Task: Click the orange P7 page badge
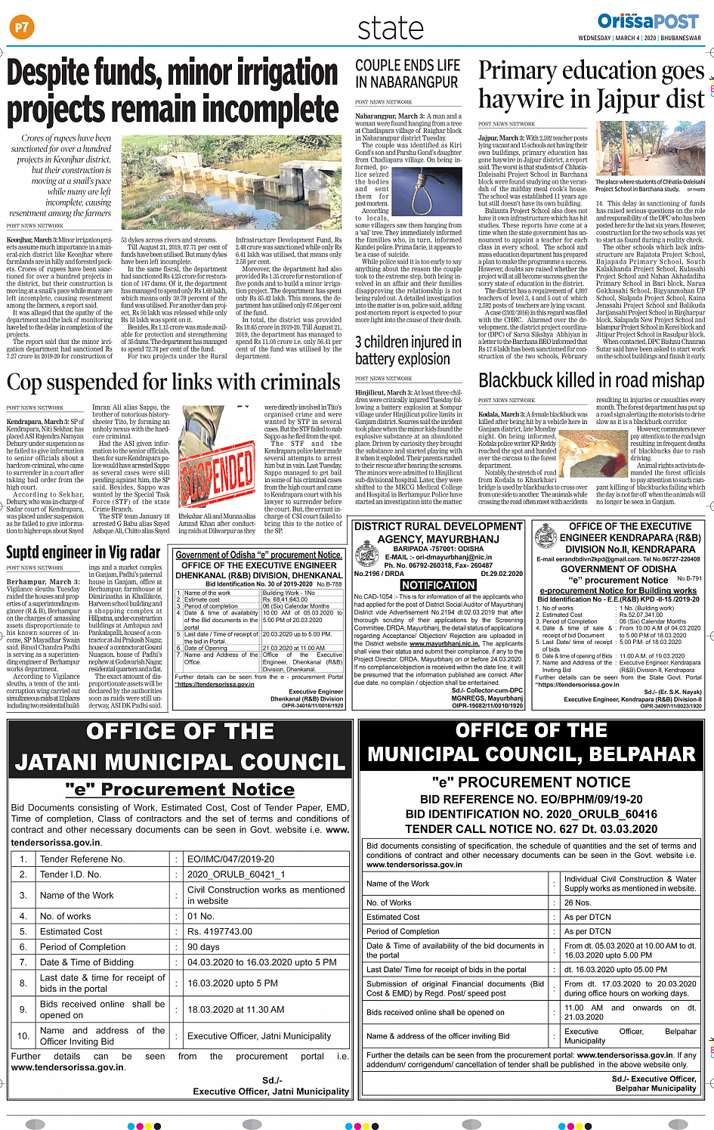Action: (x=21, y=28)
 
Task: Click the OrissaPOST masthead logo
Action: (x=648, y=21)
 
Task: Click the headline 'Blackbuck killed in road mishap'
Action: (x=591, y=380)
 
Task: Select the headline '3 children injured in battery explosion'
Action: (x=408, y=350)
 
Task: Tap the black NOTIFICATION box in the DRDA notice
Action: (x=438, y=585)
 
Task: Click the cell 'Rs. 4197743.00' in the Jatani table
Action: (x=220, y=932)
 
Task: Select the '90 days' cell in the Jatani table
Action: (x=203, y=947)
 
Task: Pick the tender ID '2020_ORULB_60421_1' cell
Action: (x=236, y=875)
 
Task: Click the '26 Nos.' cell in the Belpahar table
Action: (x=578, y=902)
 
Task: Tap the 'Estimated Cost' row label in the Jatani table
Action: (x=71, y=932)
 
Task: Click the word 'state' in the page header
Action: (x=391, y=29)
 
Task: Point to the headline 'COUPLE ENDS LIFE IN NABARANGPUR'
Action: (x=407, y=74)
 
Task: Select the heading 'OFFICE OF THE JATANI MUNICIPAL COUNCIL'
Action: (x=180, y=747)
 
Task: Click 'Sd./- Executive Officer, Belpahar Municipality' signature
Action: (x=654, y=1083)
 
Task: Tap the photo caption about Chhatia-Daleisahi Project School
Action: (x=650, y=185)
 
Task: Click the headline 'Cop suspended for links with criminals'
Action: (x=174, y=382)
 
